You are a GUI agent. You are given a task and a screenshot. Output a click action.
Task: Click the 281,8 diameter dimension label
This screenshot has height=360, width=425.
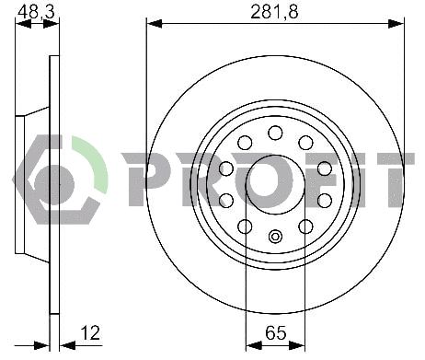(x=275, y=12)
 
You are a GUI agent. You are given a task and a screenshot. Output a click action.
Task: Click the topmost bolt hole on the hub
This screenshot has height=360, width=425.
(x=275, y=133)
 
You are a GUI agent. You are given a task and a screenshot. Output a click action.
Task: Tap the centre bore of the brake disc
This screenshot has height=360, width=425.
(x=275, y=184)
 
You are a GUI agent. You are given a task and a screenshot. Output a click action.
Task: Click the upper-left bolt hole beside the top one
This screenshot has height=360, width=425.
(x=245, y=143)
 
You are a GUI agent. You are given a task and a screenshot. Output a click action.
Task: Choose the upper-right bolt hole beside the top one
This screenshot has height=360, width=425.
(x=305, y=143)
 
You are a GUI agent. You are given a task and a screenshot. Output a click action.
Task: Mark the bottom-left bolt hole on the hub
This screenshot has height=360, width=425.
(x=245, y=226)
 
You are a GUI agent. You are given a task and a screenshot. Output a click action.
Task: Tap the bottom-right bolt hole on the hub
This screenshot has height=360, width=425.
(x=305, y=226)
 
